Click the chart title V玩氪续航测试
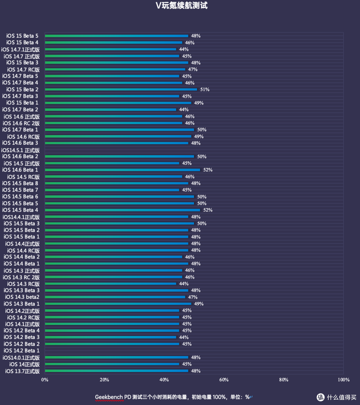pyautogui.click(x=182, y=5)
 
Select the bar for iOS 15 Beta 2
pyautogui.click(x=121, y=89)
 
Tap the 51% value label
pyautogui.click(x=205, y=89)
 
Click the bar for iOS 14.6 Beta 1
pyautogui.click(x=122, y=170)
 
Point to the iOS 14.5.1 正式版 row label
pyautogui.click(x=20, y=150)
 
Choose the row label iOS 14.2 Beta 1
pyautogui.click(x=22, y=351)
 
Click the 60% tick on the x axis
pyautogui.click(x=224, y=380)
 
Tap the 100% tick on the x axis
pyautogui.click(x=344, y=380)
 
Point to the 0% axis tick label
pyautogui.click(x=45, y=380)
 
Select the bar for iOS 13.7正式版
pyautogui.click(x=116, y=371)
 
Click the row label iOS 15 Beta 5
pyautogui.click(x=22, y=36)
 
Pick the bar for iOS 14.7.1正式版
pyautogui.click(x=110, y=49)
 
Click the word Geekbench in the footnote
pyautogui.click(x=109, y=397)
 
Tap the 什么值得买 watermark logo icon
pyautogui.click(x=320, y=397)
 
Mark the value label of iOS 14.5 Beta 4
pyautogui.click(x=208, y=210)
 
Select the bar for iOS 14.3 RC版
pyautogui.click(x=110, y=284)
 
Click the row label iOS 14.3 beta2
pyautogui.click(x=22, y=297)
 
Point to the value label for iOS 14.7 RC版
pyautogui.click(x=193, y=69)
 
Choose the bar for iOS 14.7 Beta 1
pyautogui.click(x=119, y=130)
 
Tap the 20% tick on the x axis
pyautogui.click(x=104, y=380)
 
